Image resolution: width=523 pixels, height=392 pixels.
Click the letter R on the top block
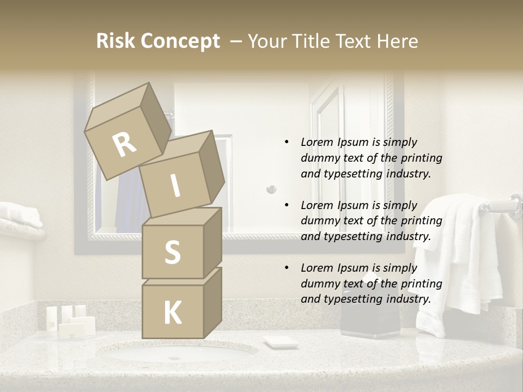125,144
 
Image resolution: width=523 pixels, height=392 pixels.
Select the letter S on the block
172,253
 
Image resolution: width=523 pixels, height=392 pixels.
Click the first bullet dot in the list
287,142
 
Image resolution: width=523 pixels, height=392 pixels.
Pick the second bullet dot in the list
287,205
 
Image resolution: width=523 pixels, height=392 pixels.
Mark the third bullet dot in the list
287,268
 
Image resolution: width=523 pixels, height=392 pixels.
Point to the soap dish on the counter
281,342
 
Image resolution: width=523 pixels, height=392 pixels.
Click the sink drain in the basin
174,358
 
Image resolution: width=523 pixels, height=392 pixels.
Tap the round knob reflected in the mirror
271,189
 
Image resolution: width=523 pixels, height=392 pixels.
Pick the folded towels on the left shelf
20,215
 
